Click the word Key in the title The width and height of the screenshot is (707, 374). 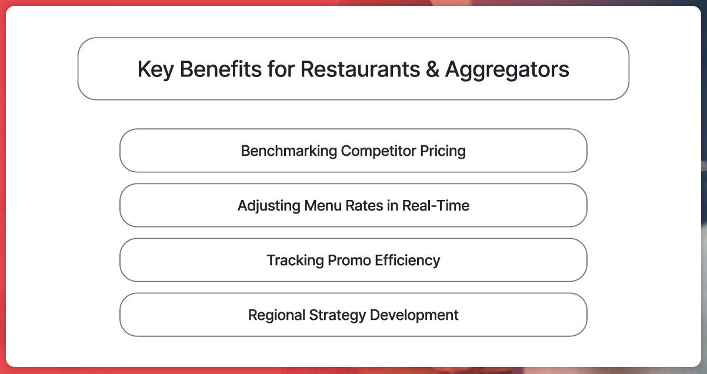tap(156, 70)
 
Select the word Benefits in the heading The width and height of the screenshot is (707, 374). tap(221, 69)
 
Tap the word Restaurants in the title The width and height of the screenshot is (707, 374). tap(360, 69)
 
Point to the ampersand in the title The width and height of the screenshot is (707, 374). tap(432, 69)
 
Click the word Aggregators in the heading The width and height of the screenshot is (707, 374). tap(507, 70)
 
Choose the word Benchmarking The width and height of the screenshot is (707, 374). tap(289, 151)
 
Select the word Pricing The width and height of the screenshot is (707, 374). tap(443, 151)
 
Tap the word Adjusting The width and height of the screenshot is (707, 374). tap(269, 206)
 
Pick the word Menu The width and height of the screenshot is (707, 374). tap(323, 205)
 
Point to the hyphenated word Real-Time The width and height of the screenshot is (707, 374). tap(436, 205)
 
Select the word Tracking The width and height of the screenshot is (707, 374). tap(295, 261)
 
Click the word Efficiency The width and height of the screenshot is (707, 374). tap(407, 261)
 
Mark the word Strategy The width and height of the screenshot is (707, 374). tap(337, 315)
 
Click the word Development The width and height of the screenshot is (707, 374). tap(414, 315)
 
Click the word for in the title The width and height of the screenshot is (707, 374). tap(281, 69)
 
